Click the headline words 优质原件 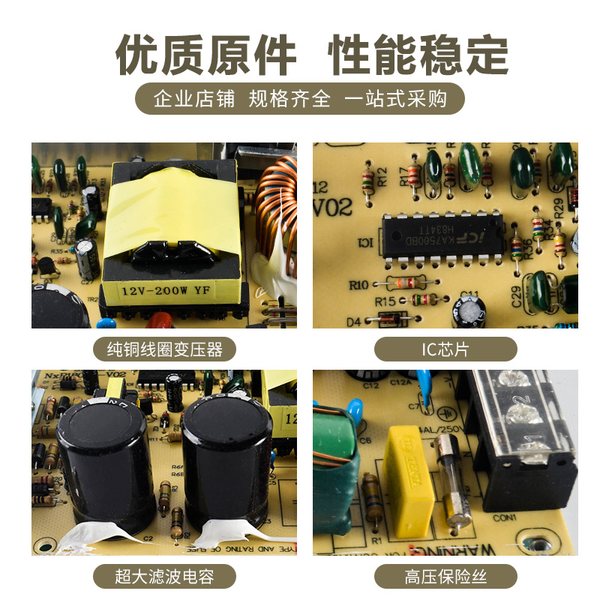(206, 55)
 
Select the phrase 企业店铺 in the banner (193, 99)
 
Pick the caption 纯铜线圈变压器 (164, 349)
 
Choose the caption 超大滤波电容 (164, 577)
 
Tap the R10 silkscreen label (359, 284)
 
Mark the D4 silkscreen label (354, 321)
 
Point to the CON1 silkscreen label (505, 518)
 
